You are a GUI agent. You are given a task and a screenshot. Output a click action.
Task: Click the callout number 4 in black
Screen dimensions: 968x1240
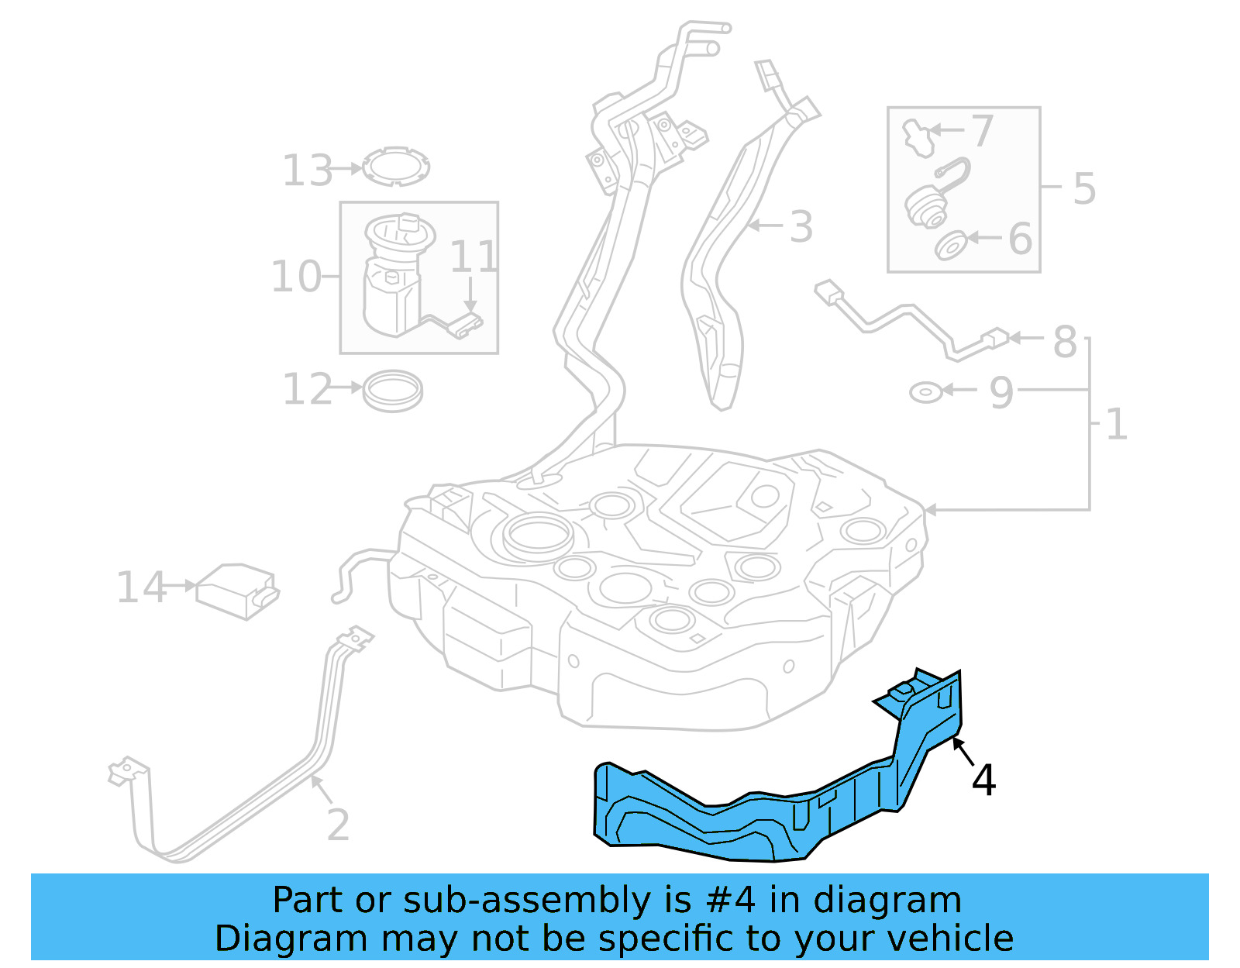(x=983, y=780)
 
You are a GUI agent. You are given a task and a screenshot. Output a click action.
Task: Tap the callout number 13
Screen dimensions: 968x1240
(x=308, y=171)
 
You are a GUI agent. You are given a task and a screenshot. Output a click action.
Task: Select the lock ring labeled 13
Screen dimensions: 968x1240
(x=396, y=167)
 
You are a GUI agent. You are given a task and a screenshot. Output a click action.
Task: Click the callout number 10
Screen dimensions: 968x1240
(x=295, y=277)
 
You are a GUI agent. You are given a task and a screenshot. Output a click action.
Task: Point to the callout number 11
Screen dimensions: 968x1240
(x=473, y=257)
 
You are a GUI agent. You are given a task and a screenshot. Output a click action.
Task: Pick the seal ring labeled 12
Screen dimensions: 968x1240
(x=393, y=391)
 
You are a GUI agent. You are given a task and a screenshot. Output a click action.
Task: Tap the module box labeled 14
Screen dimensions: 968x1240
(x=236, y=591)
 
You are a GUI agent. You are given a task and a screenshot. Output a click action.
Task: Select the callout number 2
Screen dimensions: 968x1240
(x=338, y=825)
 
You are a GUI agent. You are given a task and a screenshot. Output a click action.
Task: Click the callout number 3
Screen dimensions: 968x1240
(x=801, y=227)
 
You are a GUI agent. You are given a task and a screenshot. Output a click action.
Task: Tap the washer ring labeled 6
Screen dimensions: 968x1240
(x=950, y=246)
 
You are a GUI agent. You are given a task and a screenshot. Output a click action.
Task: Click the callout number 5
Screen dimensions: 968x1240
(x=1084, y=188)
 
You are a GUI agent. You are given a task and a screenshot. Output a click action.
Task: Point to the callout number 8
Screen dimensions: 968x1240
(x=1065, y=341)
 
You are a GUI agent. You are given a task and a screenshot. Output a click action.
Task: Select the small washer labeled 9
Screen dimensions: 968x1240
(x=925, y=392)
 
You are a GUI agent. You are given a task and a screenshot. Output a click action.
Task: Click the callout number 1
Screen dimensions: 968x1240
(x=1116, y=425)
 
